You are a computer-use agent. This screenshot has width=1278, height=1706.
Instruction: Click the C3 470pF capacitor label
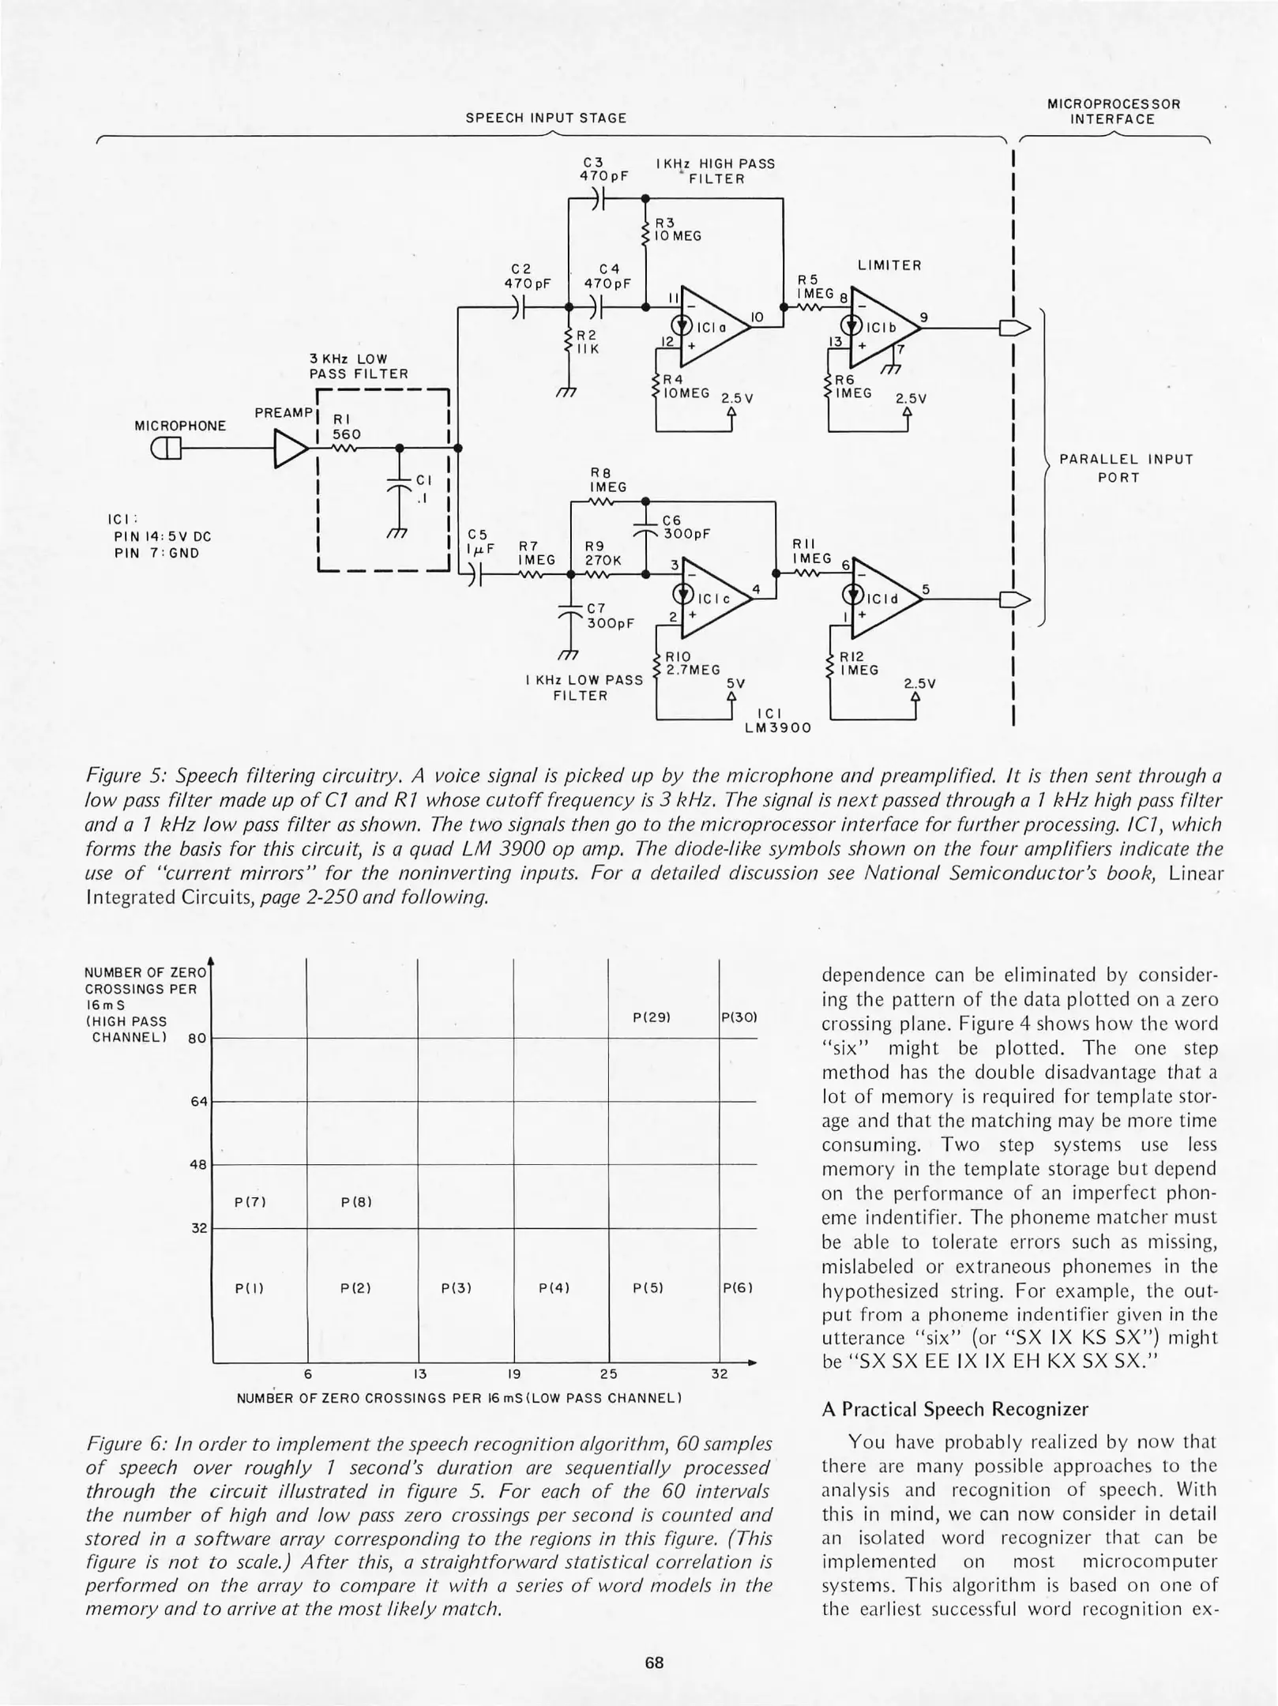coord(603,170)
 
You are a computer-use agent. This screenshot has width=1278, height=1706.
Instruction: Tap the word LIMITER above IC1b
coord(889,265)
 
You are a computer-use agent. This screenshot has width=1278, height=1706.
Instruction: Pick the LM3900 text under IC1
coord(778,727)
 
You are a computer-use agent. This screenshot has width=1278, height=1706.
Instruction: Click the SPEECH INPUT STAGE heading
coord(546,118)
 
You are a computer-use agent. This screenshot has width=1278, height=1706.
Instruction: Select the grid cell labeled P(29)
coord(652,1018)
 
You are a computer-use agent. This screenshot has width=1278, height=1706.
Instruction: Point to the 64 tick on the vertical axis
coord(199,1101)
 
